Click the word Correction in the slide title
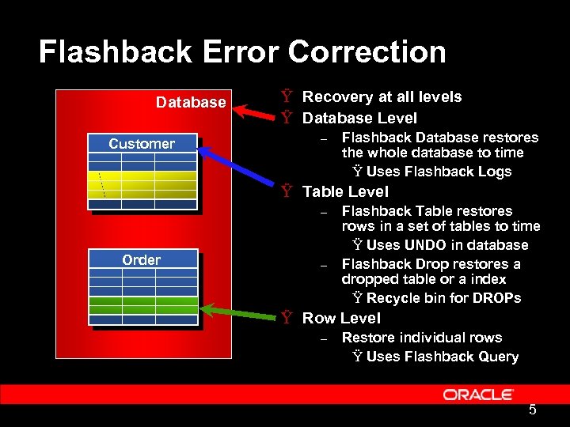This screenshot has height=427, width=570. (367, 52)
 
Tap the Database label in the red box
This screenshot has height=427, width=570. (191, 103)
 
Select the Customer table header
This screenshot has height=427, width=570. (142, 144)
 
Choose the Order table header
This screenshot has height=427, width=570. (141, 260)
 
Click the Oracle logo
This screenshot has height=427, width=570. (478, 394)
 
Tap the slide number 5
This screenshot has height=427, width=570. (533, 410)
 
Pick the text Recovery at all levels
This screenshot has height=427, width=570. (382, 96)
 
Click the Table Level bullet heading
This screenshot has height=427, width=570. (345, 191)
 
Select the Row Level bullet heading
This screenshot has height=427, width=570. (341, 318)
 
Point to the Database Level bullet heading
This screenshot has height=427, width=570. (359, 118)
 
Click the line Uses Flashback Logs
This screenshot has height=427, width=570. (439, 172)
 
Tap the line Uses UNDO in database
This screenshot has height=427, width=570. (447, 245)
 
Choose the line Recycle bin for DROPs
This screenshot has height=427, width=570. (443, 298)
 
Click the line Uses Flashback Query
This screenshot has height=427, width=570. (443, 357)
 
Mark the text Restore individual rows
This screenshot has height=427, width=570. (422, 338)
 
